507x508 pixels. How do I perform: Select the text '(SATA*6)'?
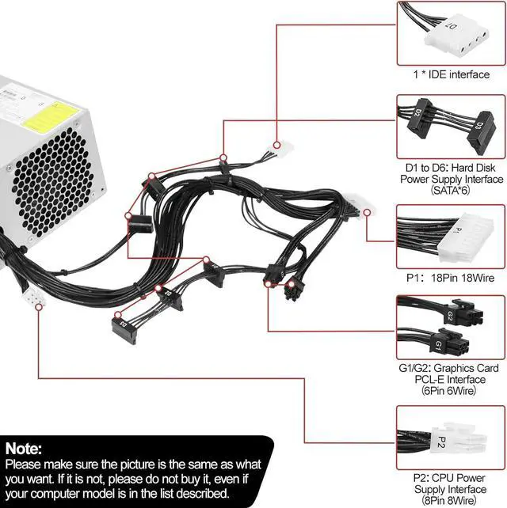pos(449,191)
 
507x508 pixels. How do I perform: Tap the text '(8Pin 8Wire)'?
pos(449,500)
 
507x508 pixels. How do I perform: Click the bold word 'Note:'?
pos(25,449)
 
